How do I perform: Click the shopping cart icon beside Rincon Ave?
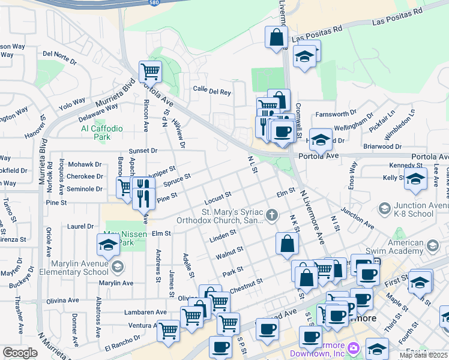tap(150, 71)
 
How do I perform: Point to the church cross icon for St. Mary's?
tap(272, 214)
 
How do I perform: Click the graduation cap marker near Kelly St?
tap(415, 179)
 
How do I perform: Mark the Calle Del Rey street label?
tap(212, 92)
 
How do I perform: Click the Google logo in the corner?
tap(20, 353)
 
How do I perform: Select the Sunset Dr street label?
tap(143, 151)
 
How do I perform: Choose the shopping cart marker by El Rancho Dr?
tap(169, 329)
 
